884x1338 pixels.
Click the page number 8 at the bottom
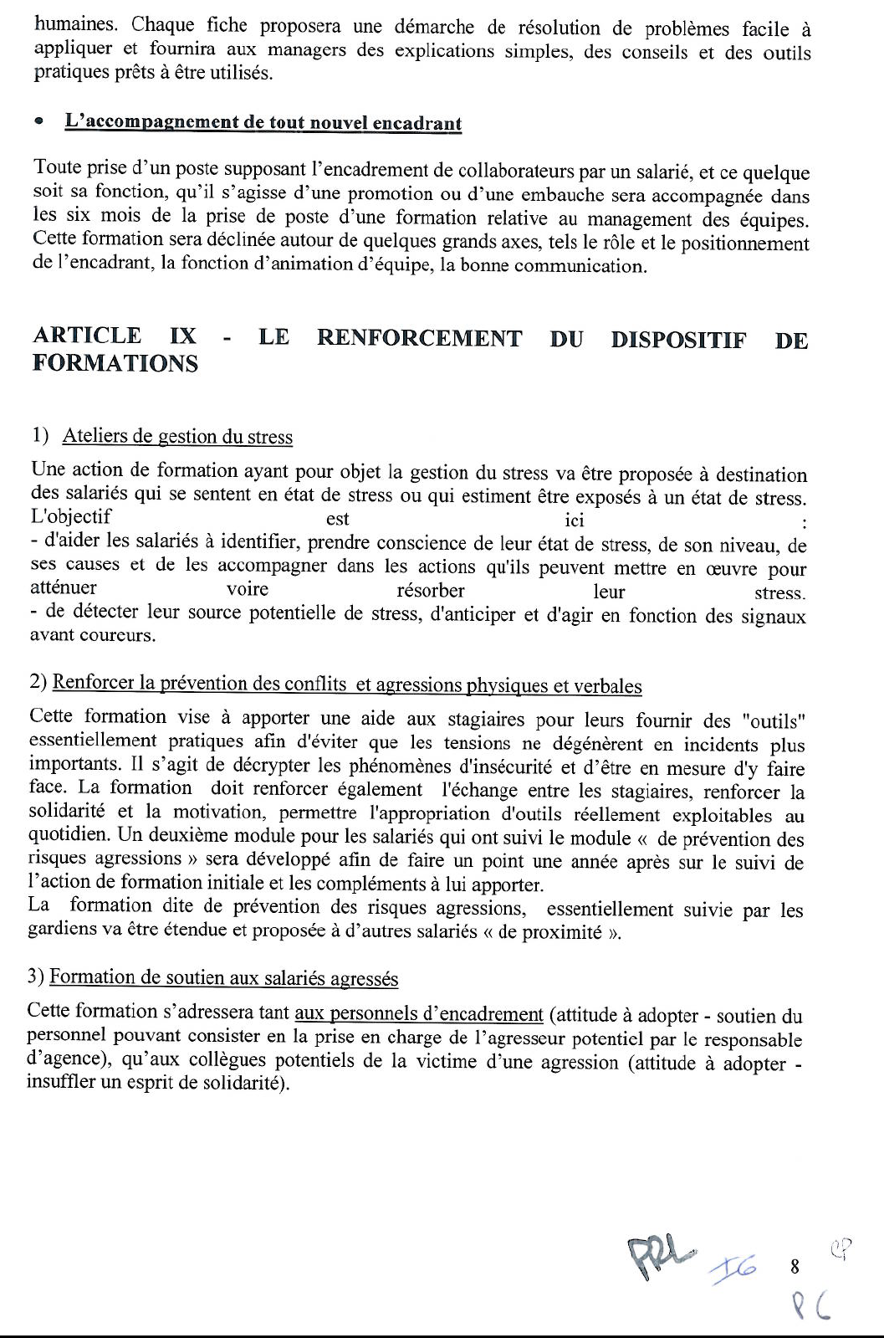(795, 1267)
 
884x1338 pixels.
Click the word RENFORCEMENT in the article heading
(420, 339)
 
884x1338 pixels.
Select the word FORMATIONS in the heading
(115, 364)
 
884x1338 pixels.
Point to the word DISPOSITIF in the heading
(677, 341)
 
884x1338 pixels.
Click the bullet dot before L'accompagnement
(38, 122)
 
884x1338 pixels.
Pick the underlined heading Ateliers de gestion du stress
(177, 436)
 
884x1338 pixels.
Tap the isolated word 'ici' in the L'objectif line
(574, 520)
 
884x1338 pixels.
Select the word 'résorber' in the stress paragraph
(430, 590)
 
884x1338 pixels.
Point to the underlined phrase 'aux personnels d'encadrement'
(419, 1014)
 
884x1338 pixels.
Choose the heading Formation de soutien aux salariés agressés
(223, 977)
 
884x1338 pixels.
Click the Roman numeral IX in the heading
(183, 336)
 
